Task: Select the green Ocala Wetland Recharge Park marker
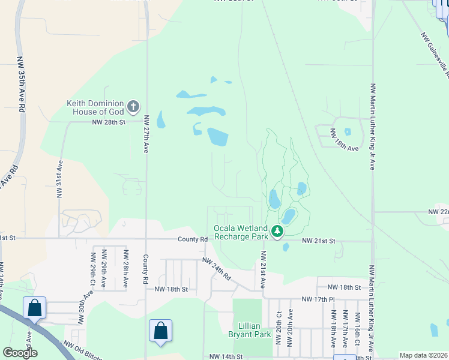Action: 277,231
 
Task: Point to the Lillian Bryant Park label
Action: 252,329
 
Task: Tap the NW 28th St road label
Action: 109,122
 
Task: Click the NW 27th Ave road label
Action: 146,135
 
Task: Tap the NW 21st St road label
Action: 318,241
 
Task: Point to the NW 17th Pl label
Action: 316,299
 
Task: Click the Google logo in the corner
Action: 20,353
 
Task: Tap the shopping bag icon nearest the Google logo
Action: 35,308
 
